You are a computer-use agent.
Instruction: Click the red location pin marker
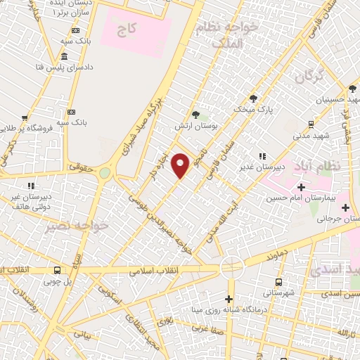click(x=181, y=165)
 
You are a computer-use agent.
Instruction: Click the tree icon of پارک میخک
click(x=253, y=98)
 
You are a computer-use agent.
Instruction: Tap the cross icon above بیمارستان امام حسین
click(x=301, y=187)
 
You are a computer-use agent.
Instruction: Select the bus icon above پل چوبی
click(x=57, y=270)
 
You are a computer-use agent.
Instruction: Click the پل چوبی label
click(x=58, y=282)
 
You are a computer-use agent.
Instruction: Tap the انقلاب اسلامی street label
click(x=155, y=271)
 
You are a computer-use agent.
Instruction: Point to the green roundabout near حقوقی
click(x=105, y=172)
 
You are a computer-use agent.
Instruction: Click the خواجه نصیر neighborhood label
click(x=78, y=226)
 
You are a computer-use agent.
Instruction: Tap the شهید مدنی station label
click(x=304, y=134)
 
